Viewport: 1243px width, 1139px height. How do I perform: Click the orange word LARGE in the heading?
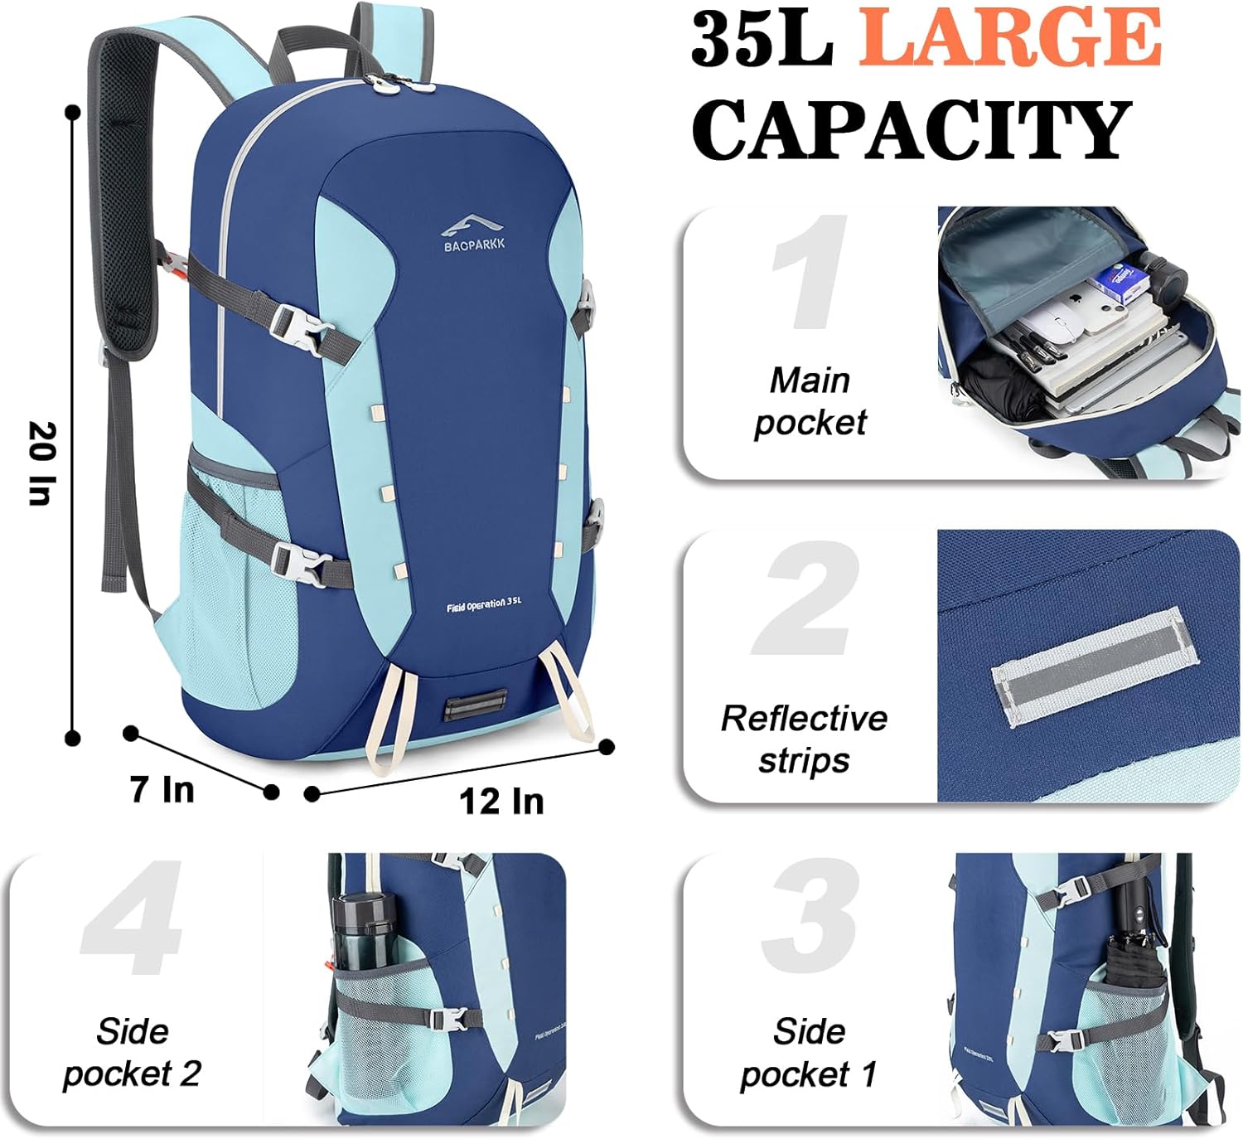click(x=1008, y=37)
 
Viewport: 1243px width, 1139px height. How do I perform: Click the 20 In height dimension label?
click(x=43, y=463)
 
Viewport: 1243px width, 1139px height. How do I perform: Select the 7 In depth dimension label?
click(x=162, y=789)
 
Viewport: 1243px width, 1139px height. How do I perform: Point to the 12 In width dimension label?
click(x=501, y=801)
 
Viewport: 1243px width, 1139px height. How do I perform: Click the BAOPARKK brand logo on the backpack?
click(x=473, y=234)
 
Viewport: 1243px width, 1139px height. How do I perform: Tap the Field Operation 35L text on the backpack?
click(x=484, y=604)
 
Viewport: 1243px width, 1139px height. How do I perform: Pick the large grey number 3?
click(x=810, y=916)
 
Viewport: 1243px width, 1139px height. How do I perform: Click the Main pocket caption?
click(x=810, y=401)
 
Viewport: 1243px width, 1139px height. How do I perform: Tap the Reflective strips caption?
click(x=805, y=739)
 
